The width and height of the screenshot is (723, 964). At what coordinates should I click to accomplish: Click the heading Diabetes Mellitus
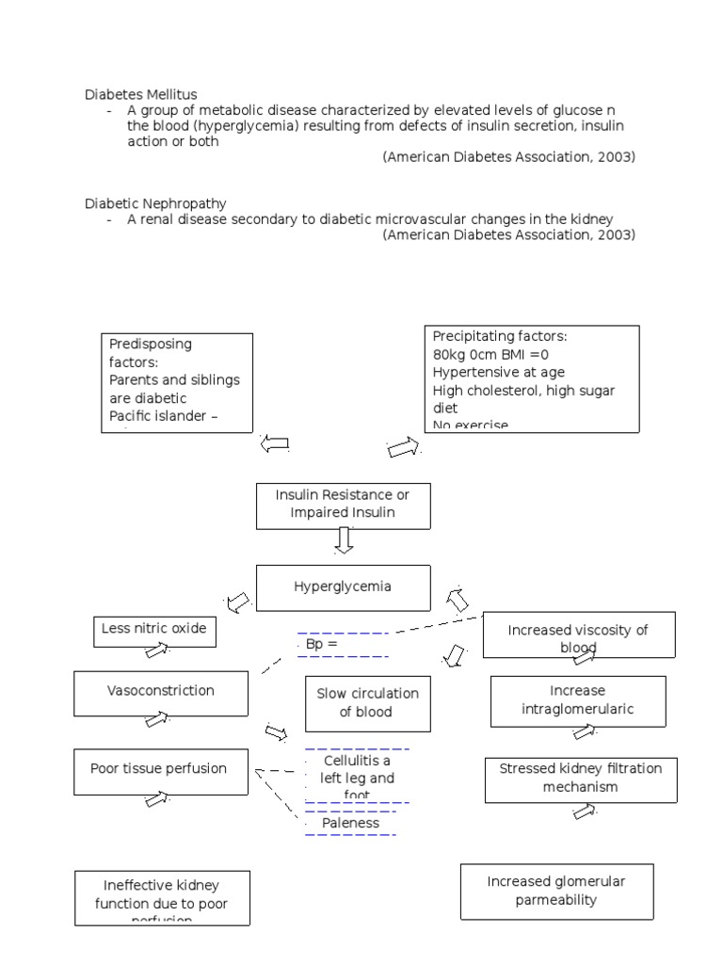(141, 95)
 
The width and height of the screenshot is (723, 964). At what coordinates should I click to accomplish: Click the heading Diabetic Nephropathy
(155, 203)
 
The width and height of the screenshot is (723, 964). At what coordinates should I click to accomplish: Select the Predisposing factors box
(177, 382)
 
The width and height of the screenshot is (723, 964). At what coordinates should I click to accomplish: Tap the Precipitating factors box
(532, 378)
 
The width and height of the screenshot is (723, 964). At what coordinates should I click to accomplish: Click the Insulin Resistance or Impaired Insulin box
(343, 505)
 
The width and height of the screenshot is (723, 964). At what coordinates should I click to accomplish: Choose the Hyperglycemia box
(343, 587)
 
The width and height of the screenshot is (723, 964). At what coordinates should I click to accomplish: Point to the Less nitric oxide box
(154, 630)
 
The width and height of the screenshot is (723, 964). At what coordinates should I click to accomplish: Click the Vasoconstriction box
(161, 692)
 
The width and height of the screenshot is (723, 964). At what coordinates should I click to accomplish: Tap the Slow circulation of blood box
(367, 703)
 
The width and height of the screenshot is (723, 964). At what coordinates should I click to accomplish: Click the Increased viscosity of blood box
(578, 635)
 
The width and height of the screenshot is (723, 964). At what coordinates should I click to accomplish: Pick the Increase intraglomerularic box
(578, 701)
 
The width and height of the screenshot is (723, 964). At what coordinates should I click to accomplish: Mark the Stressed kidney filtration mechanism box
(580, 779)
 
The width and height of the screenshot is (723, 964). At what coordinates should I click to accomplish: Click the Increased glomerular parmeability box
(556, 891)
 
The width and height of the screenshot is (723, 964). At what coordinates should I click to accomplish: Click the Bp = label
(321, 645)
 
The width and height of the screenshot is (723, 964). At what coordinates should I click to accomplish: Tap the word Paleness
(350, 824)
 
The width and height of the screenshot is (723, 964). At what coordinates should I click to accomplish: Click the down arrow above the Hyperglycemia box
(345, 540)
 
